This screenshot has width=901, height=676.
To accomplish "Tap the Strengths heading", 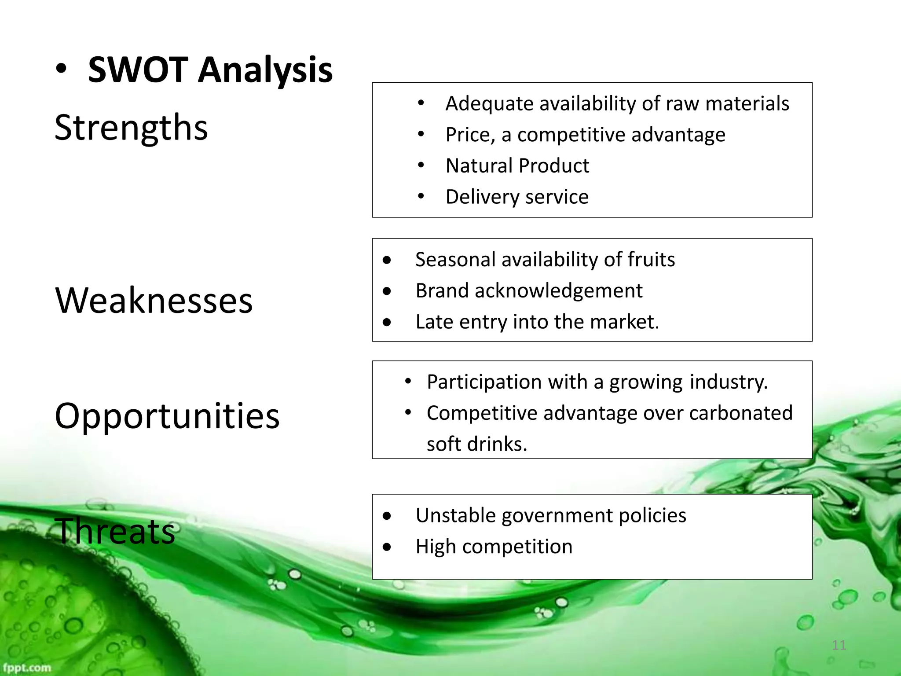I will coord(131,128).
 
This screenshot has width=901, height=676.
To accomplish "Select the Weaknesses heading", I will coord(154,301).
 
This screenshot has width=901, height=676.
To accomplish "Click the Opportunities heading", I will coord(167,416).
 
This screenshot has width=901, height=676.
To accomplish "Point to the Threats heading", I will coord(115,532).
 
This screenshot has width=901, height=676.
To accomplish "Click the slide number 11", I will coord(839,645).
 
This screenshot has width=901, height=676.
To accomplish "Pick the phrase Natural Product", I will coord(517,166).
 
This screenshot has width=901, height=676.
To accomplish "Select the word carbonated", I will coord(741,413).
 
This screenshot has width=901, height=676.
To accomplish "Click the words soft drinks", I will coord(476,444).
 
